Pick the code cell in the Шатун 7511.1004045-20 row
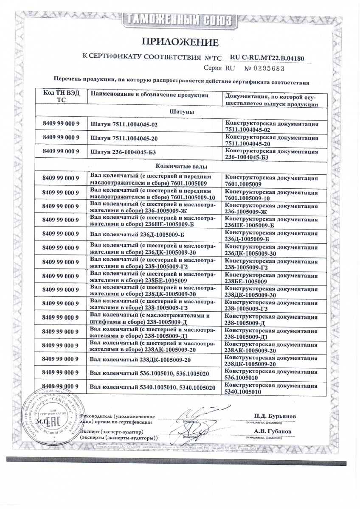pyautogui.click(x=62, y=139)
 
